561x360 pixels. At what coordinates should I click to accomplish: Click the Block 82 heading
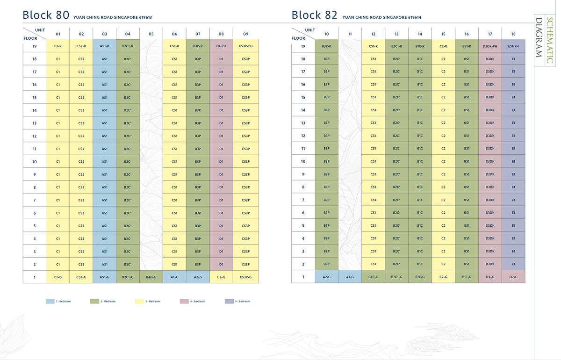314,15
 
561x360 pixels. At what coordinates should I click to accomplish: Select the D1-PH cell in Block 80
221,46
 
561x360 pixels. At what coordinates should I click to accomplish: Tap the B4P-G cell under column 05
151,277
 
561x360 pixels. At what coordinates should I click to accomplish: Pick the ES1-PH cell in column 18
513,46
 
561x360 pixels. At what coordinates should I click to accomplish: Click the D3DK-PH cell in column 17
490,46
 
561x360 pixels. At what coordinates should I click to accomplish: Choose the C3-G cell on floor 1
221,277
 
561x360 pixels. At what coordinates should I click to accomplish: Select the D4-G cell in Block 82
490,277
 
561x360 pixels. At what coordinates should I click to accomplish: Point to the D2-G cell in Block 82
513,277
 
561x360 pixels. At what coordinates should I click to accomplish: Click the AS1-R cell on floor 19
104,46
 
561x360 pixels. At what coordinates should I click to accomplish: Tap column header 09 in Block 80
246,34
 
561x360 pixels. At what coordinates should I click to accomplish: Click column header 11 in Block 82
350,34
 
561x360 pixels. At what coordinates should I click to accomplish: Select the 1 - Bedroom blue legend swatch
50,302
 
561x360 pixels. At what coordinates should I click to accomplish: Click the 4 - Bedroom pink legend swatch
184,302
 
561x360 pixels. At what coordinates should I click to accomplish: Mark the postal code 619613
145,18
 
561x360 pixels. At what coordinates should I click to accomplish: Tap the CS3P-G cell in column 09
246,277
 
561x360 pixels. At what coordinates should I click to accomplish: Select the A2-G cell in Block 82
326,277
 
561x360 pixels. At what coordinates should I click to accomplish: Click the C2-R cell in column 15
443,46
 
